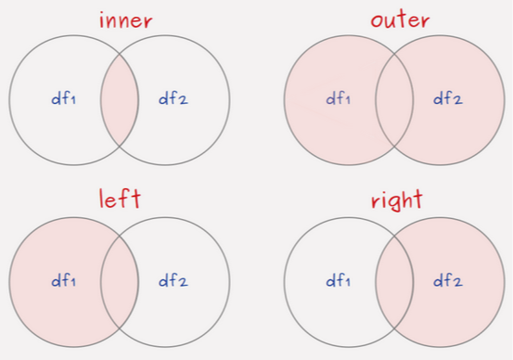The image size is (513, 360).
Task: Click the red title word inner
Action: tap(119, 19)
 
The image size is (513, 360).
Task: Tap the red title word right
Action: tap(395, 199)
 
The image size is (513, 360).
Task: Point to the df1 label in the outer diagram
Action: tap(337, 98)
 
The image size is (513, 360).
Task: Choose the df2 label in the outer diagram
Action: tap(449, 98)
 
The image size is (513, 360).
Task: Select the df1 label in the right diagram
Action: tap(337, 278)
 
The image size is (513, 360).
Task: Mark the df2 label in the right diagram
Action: tap(449, 278)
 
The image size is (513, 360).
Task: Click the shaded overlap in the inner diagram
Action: tap(119, 98)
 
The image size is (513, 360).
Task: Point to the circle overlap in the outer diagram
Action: tap(394, 98)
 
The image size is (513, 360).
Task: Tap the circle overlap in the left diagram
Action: tap(119, 278)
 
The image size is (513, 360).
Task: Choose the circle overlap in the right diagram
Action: tap(394, 278)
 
